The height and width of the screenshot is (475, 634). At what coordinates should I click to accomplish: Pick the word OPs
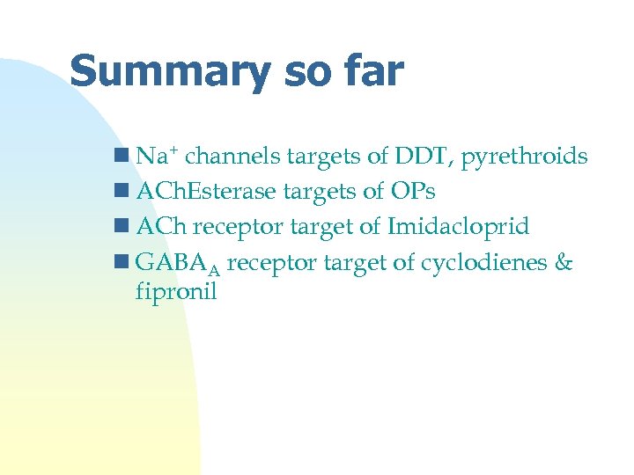pyautogui.click(x=411, y=192)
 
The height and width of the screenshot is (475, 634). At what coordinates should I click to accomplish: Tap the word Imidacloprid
pyautogui.click(x=457, y=227)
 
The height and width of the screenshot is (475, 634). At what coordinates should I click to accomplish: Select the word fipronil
pyautogui.click(x=176, y=291)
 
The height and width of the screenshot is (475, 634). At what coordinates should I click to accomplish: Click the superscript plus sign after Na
pyautogui.click(x=174, y=151)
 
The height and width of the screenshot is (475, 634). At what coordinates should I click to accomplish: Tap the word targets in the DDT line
pyautogui.click(x=323, y=157)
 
